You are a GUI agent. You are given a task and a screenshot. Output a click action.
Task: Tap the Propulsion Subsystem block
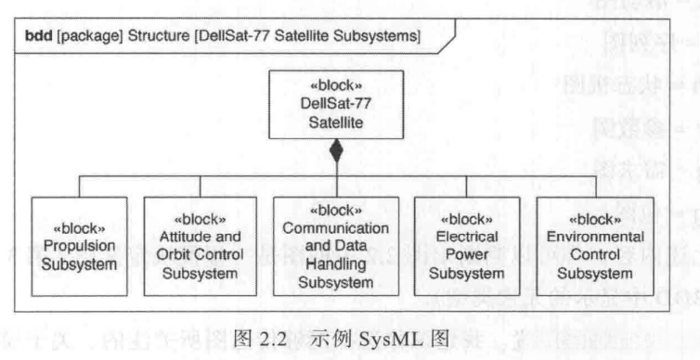(78, 244)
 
